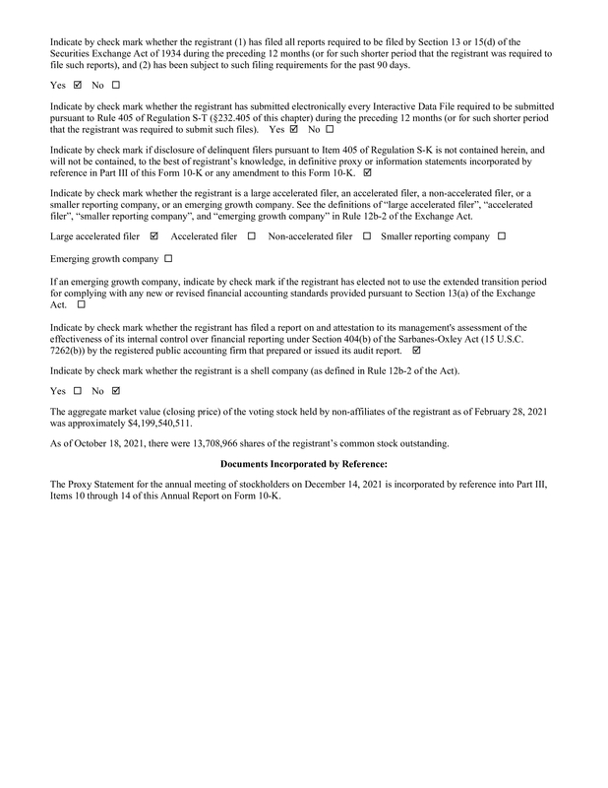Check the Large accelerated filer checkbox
154,236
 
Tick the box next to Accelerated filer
252,236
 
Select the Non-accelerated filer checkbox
367,236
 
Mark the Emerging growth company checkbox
168,258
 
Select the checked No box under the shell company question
116,392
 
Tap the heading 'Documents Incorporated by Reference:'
303,463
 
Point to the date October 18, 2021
92,444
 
